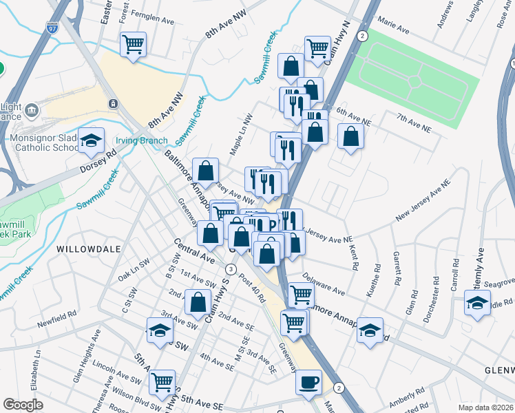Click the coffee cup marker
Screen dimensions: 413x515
pos(308,381)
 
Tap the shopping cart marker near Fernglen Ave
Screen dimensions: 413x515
pos(133,44)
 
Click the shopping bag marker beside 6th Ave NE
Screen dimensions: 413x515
pos(350,136)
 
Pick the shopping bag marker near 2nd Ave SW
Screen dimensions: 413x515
pos(198,301)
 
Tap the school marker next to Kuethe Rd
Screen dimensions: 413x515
pos(370,330)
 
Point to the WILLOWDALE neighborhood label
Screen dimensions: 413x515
pos(89,248)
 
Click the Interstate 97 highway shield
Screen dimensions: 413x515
pos(52,27)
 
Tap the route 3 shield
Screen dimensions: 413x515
pos(231,268)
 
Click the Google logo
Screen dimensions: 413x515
pos(23,404)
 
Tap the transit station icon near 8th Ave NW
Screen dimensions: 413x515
pos(112,103)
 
